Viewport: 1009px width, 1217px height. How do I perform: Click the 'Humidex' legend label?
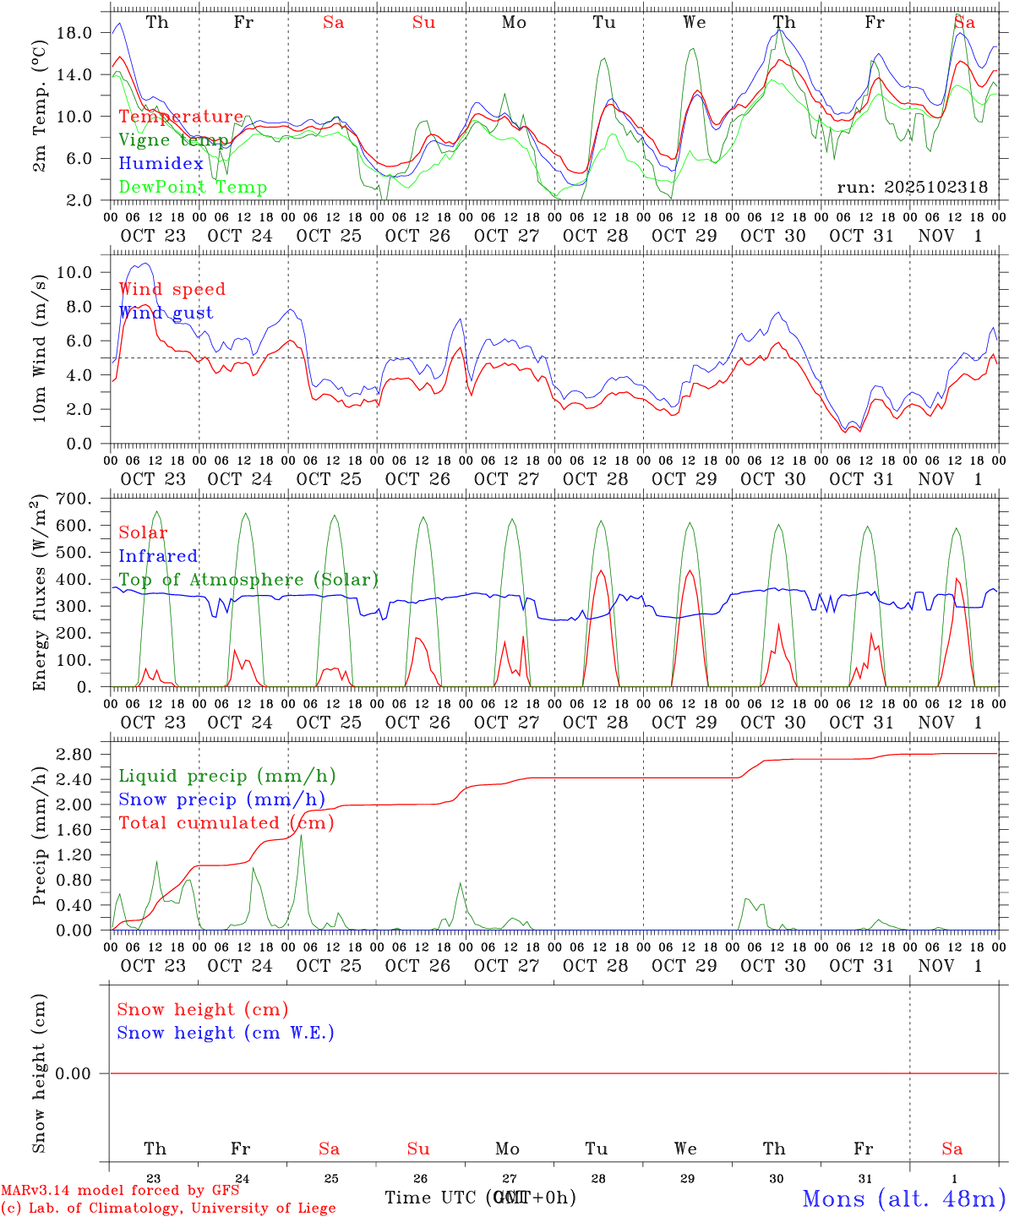[161, 164]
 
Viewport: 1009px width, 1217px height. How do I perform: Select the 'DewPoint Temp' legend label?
[193, 188]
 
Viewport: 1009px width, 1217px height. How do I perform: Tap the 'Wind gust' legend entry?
[166, 313]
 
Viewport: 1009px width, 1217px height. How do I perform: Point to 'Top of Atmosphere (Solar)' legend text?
[248, 580]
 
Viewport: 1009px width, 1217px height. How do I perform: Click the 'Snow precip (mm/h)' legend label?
[221, 800]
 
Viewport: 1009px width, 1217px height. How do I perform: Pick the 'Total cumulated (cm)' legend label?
[226, 823]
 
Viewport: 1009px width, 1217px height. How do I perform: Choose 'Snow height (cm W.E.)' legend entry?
[225, 1033]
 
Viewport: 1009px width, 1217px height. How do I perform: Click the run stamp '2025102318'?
[912, 188]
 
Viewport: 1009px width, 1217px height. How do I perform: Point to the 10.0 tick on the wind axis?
[75, 272]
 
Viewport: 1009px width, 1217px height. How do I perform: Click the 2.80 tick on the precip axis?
[75, 754]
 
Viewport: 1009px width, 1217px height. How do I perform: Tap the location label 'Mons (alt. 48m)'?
[903, 1198]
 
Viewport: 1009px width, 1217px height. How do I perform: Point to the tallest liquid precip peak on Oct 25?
[301, 836]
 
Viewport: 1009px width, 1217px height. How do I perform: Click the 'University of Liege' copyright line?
[168, 1209]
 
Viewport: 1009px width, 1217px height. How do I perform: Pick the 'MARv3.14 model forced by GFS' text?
[119, 1190]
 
